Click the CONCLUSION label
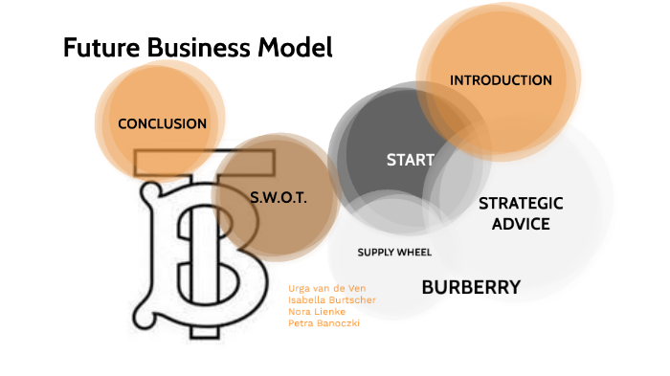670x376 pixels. click(162, 123)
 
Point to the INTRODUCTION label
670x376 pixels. click(501, 80)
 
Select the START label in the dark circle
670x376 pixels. click(410, 160)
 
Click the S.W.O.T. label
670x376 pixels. click(278, 198)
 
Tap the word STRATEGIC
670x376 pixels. click(521, 204)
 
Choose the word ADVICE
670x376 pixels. click(521, 224)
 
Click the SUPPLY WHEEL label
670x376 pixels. click(394, 253)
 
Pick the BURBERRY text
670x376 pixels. click(471, 287)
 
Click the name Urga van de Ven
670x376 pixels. click(326, 288)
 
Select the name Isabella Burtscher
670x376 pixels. click(331, 299)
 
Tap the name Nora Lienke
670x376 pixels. click(317, 311)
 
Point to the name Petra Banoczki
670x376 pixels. click(324, 322)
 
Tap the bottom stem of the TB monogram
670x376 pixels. click(202, 329)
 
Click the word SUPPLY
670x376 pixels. click(375, 253)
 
